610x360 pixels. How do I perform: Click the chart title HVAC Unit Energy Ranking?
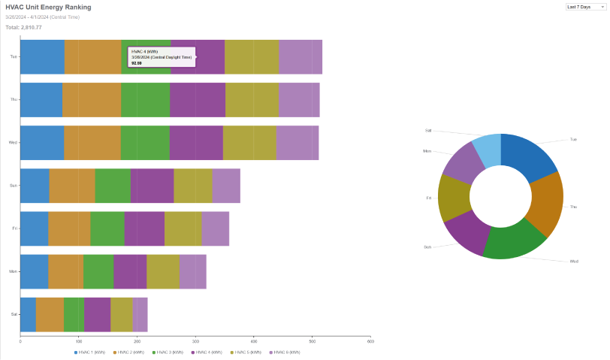48,7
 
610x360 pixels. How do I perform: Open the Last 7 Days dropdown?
585,6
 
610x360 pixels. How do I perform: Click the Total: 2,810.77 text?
23,27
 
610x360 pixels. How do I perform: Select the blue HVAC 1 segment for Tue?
42,56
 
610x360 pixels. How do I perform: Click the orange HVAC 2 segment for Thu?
92,99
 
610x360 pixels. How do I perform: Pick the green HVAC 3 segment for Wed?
145,142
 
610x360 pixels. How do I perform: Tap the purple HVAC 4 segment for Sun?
152,185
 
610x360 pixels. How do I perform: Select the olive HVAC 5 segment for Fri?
183,228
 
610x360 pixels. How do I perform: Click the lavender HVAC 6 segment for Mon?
192,271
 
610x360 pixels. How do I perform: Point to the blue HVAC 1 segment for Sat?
28,313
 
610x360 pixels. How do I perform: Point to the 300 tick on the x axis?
195,342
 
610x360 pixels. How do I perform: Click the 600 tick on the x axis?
370,342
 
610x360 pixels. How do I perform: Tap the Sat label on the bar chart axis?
14,313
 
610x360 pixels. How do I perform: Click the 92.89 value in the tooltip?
136,63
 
